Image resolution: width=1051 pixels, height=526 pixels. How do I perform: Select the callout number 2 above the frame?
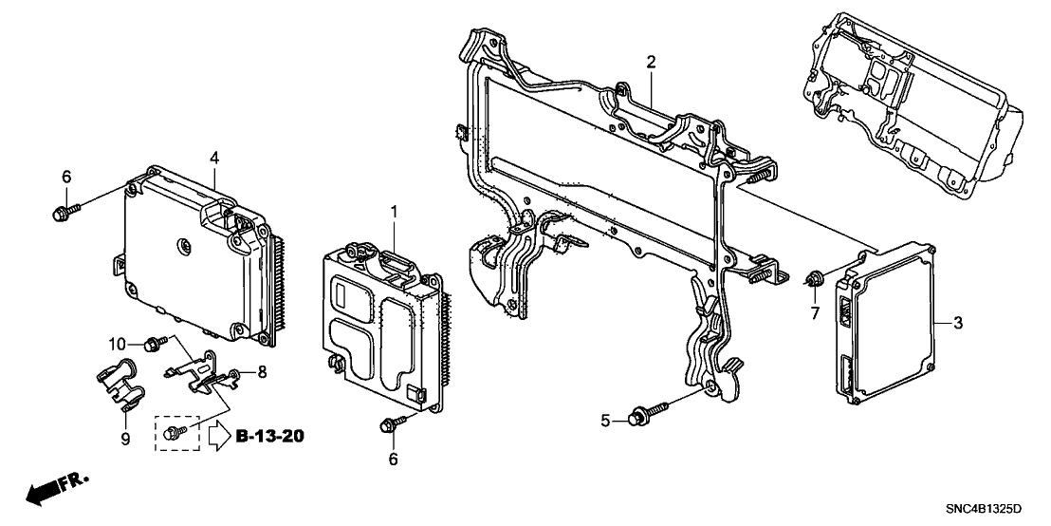point(652,63)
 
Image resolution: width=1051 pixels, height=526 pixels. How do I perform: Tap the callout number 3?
point(958,324)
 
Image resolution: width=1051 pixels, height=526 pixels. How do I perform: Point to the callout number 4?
point(214,156)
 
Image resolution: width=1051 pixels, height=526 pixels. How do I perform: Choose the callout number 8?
point(263,371)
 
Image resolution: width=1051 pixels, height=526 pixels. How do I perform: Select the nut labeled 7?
point(814,278)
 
